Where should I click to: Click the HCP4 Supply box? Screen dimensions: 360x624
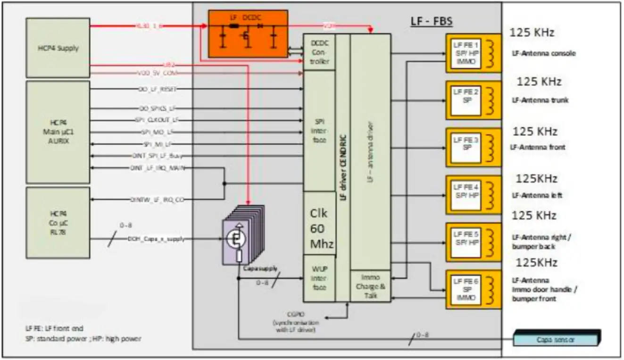click(58, 48)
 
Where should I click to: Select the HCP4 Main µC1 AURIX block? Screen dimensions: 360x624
click(58, 132)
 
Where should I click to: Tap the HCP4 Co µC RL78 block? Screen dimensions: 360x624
click(58, 223)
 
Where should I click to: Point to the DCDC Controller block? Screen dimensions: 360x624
click(319, 52)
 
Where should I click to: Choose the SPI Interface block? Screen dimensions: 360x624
click(319, 131)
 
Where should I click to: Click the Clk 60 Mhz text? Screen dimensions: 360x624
click(319, 229)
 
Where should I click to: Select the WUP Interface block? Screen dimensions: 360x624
click(319, 278)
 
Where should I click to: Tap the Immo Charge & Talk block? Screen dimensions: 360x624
click(370, 286)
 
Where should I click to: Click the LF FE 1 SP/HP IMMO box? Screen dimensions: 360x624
click(466, 53)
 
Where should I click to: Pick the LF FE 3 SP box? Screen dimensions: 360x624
click(466, 147)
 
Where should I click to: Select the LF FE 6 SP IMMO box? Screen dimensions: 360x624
click(466, 290)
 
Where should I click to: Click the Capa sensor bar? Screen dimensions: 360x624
click(557, 339)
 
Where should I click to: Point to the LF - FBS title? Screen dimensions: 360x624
click(430, 22)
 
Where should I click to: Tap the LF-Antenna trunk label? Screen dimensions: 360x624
click(540, 100)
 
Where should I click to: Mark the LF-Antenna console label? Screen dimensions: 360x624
click(543, 53)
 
